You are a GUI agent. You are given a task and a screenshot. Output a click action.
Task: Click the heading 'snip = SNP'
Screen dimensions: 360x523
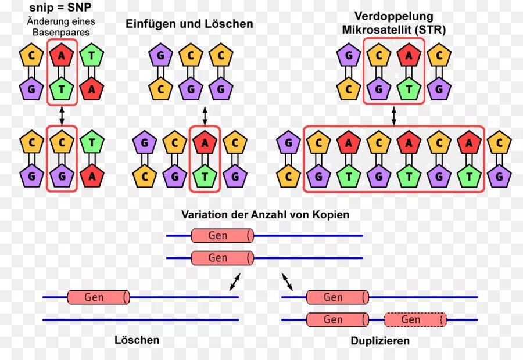point(60,9)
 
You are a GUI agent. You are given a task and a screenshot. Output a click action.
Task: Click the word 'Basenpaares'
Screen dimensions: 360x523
point(61,33)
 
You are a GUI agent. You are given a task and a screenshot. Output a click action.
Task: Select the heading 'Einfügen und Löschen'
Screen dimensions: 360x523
point(189,24)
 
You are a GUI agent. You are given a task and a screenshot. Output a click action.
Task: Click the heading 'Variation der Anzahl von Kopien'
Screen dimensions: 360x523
point(265,214)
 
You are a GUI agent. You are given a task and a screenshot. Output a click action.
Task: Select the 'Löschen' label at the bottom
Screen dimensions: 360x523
point(137,340)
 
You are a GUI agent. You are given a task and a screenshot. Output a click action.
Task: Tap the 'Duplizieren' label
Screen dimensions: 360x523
point(380,341)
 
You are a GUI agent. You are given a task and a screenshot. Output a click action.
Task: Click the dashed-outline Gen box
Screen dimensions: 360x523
point(415,319)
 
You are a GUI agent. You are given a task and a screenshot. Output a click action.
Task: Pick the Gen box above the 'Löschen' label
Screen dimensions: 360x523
point(98,297)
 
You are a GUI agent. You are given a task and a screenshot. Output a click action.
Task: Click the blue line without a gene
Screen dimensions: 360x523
point(140,319)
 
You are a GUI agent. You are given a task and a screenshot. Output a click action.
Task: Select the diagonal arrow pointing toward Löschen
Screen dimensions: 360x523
point(234,282)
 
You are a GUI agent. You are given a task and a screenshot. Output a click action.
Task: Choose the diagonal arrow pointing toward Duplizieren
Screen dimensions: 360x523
point(287,282)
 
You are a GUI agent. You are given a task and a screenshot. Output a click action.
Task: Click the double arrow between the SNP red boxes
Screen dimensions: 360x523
point(62,117)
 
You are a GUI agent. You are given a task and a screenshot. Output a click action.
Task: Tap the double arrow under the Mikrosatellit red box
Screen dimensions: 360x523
point(393,115)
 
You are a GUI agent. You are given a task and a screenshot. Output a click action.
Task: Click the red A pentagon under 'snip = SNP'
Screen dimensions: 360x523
point(61,56)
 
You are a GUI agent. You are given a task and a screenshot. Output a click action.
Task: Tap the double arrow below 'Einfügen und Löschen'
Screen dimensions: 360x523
point(205,115)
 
